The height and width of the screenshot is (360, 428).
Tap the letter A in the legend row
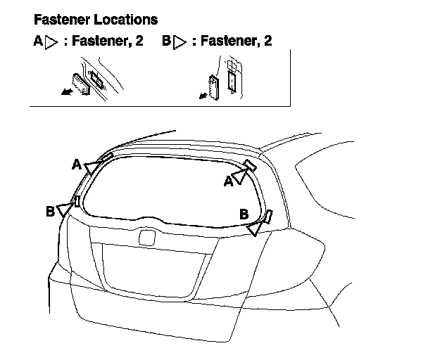point(38,41)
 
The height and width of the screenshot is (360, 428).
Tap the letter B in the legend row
point(166,41)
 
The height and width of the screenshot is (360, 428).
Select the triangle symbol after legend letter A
point(51,42)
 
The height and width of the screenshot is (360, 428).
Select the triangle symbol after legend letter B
point(180,42)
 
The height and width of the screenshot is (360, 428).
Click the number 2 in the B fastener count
point(267,41)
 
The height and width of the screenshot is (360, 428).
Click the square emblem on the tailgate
point(147,237)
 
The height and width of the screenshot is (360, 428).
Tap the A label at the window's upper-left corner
point(76,164)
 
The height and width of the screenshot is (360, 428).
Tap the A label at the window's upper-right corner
point(229,182)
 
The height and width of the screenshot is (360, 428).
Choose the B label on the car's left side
point(50,211)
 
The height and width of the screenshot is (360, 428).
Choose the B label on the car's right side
point(244,213)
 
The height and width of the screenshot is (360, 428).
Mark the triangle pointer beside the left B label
point(65,207)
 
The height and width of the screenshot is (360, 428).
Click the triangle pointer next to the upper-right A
point(239,176)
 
